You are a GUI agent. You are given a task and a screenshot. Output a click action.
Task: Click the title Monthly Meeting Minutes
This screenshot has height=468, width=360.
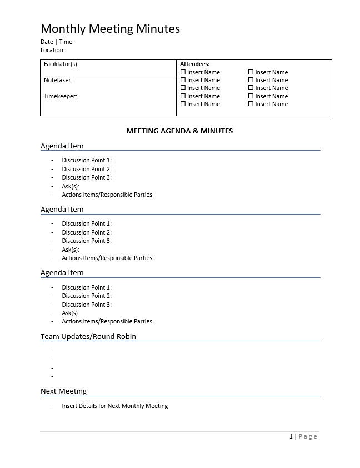coord(110,29)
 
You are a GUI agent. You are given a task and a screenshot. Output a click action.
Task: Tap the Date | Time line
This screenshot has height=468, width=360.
coord(56,42)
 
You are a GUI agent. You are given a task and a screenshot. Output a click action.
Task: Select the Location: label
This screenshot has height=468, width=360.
coord(53,50)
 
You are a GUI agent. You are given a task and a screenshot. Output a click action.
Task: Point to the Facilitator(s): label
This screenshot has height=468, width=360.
coord(61,64)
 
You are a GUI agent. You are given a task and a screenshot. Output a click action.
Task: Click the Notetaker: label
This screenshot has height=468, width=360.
coord(58,80)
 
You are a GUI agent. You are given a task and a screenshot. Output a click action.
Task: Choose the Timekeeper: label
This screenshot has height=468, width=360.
coord(60,96)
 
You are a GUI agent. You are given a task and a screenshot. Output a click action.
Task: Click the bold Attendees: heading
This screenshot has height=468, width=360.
coord(195,64)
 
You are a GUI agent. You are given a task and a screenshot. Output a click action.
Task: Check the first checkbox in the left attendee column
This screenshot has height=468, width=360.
coord(183,72)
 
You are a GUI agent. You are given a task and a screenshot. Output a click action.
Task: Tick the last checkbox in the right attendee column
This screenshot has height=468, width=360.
coord(251,104)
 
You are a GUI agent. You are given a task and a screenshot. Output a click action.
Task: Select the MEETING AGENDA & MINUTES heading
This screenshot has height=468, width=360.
coord(179,131)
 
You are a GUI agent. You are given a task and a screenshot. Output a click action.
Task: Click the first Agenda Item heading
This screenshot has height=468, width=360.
coord(62,146)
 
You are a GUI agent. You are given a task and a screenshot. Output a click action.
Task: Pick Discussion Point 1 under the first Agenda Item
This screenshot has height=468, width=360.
coord(87,160)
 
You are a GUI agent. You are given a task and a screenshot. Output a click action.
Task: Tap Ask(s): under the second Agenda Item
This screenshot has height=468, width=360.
coord(71,250)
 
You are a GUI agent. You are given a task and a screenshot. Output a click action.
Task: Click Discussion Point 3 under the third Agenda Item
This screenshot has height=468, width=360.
coord(87,305)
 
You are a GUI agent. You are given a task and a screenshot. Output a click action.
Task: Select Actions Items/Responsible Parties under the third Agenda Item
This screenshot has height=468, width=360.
coord(107,321)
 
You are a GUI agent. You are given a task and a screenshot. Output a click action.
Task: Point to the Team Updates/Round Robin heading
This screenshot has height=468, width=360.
coord(88,336)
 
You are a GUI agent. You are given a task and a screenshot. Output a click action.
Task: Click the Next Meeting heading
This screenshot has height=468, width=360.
coord(63,391)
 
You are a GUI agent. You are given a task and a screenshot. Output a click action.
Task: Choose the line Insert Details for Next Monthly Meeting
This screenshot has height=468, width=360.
coord(114,406)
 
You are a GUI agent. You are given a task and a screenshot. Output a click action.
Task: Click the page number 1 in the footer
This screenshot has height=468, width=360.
coord(291,436)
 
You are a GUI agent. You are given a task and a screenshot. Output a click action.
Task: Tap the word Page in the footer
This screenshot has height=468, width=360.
coord(308,436)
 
